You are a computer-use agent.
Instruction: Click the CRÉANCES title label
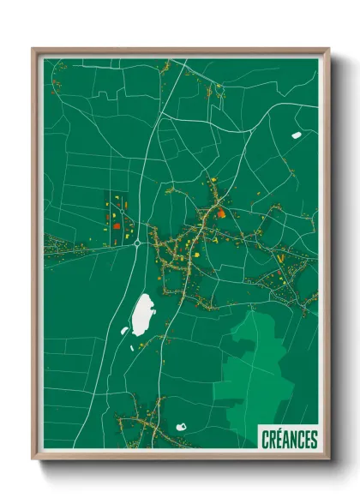tap(289, 440)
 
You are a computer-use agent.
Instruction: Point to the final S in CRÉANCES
tap(314, 440)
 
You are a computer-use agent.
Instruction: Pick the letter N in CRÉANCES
tap(293, 440)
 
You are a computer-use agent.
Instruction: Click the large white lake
tap(141, 315)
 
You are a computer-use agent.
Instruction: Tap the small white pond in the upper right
tap(297, 135)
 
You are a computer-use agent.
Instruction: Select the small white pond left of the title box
tap(182, 426)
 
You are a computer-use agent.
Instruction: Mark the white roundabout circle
tap(137, 243)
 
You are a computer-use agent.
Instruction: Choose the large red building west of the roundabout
tap(115, 225)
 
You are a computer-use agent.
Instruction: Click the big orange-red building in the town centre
tap(220, 213)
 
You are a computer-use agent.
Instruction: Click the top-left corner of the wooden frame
tap(33, 50)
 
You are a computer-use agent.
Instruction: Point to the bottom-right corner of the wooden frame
tap(328, 458)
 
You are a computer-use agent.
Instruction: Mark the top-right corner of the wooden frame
tap(328, 50)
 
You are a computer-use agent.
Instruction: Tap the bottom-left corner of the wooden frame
tap(33, 458)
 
